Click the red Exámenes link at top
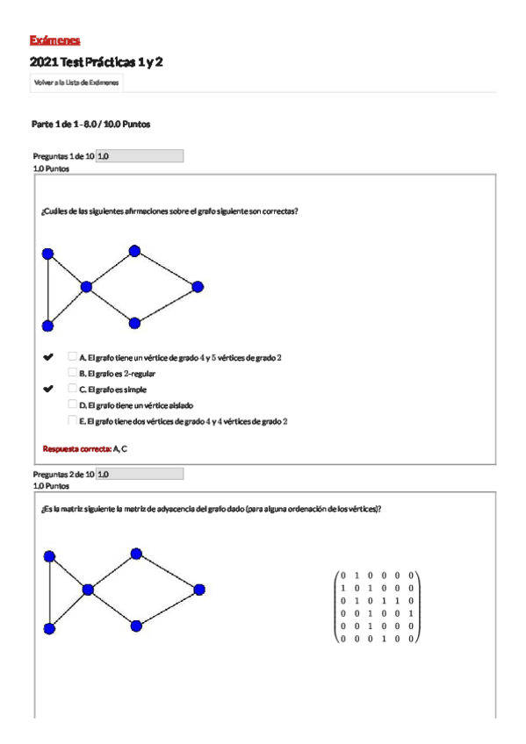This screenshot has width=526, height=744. [54, 40]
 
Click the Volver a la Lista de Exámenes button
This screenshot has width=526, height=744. [76, 82]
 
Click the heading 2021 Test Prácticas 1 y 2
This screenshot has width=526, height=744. [96, 62]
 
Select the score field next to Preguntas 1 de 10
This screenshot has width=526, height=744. [139, 156]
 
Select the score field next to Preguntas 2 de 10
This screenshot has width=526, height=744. [139, 474]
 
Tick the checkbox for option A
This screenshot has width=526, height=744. [73, 356]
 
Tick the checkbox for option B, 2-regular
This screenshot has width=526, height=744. [73, 372]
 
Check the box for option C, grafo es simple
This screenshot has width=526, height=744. [73, 388]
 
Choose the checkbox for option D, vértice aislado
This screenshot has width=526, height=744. [73, 404]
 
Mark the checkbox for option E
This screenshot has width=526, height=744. [73, 420]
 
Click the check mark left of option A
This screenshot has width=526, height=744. [48, 357]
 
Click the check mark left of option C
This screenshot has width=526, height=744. [48, 389]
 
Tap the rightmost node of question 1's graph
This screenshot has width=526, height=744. [198, 287]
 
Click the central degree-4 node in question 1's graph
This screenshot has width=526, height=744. [86, 286]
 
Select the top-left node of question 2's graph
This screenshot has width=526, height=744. [49, 556]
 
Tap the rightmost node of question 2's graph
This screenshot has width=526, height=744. [199, 589]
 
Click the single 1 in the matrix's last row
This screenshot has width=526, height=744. [383, 638]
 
